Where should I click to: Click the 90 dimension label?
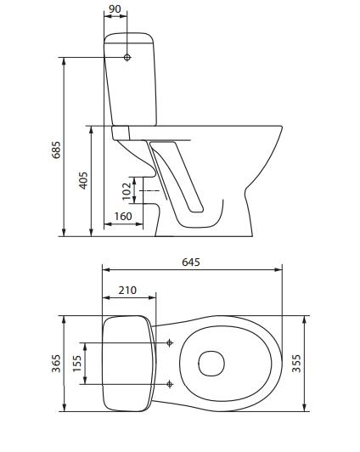[x=115, y=8]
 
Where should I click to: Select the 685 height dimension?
[x=56, y=150]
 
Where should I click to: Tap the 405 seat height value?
[x=83, y=180]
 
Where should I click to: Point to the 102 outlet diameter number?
[x=127, y=191]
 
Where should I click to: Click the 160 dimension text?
[x=123, y=216]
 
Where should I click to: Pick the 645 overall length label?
[x=191, y=262]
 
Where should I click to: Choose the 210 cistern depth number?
[x=127, y=290]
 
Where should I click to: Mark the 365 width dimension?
[x=56, y=364]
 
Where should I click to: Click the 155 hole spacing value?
[x=77, y=364]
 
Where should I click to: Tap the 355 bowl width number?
[x=296, y=364]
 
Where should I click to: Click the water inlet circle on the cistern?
[x=127, y=58]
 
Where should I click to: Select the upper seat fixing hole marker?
[x=170, y=342]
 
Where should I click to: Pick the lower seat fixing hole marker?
[x=170, y=384]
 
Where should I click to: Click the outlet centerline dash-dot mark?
[x=149, y=191]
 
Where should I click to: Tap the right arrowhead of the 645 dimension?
[x=278, y=269]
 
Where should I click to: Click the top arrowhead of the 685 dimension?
[x=64, y=61]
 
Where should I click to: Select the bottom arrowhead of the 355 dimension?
[x=305, y=408]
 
